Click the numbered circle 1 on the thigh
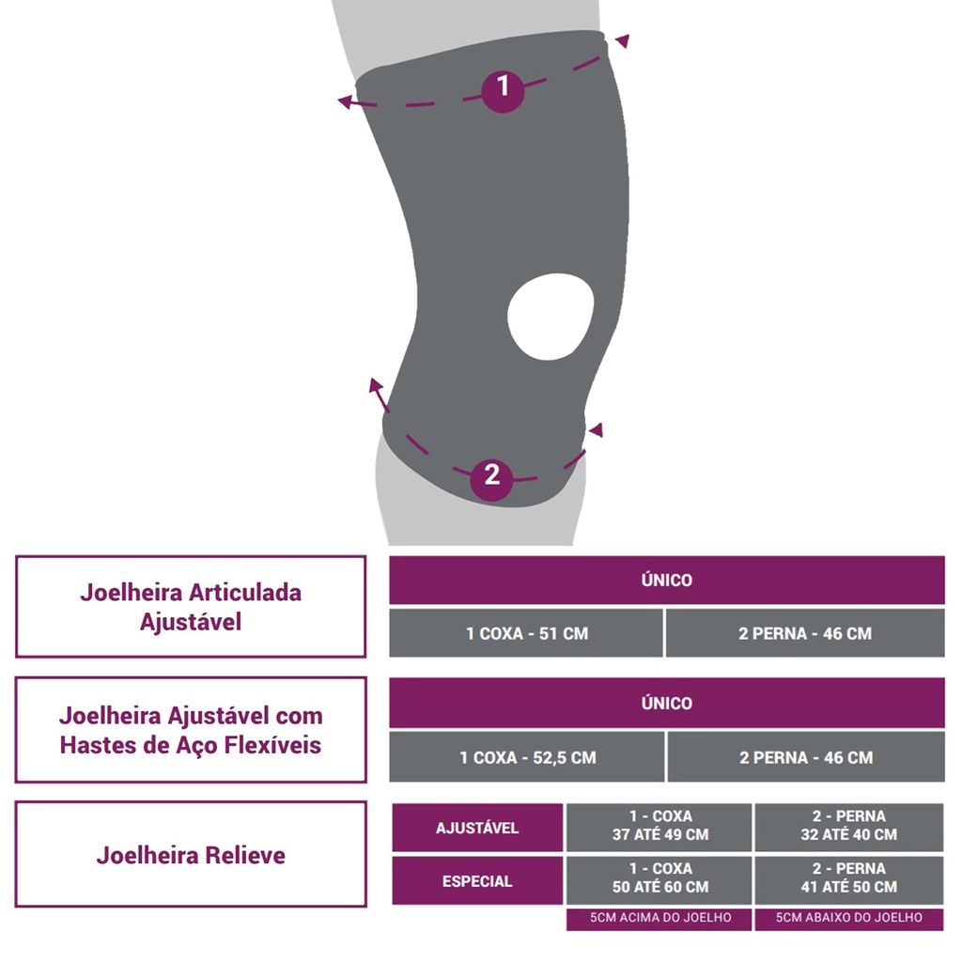503,90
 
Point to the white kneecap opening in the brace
551,316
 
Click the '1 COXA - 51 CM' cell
526,633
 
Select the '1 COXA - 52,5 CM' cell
527,757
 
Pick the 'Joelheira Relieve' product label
191,854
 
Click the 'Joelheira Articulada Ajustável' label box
191,607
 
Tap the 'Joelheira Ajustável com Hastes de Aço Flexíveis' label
191,729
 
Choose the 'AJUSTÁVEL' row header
477,828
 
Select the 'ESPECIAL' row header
477,881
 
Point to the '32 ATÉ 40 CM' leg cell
848,828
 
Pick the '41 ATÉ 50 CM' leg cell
848,881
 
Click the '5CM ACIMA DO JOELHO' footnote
659,919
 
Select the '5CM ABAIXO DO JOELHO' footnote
848,919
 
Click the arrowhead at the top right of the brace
622,40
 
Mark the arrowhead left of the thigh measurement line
346,101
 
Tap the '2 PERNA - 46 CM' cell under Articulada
805,633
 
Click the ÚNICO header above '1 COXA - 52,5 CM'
667,703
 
